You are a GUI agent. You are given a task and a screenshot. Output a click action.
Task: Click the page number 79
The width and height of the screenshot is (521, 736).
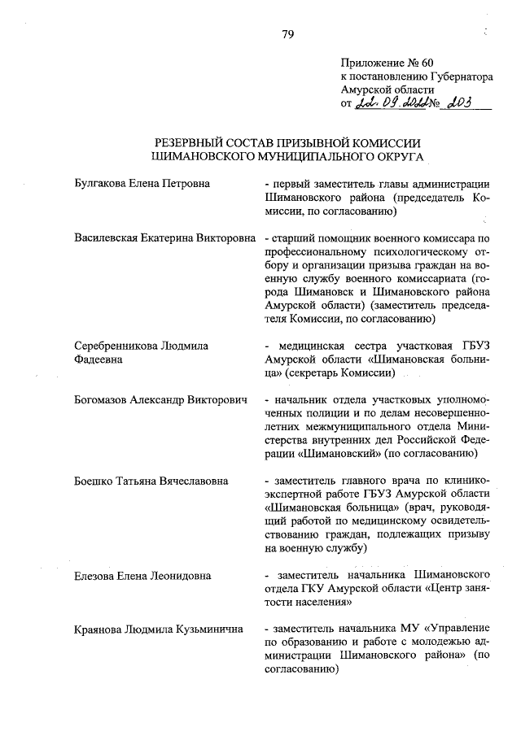pyautogui.click(x=287, y=33)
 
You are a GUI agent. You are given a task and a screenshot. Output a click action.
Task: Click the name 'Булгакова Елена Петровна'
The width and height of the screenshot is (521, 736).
pyautogui.click(x=142, y=184)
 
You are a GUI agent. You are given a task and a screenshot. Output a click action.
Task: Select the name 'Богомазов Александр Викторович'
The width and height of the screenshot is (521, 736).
pyautogui.click(x=160, y=401)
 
